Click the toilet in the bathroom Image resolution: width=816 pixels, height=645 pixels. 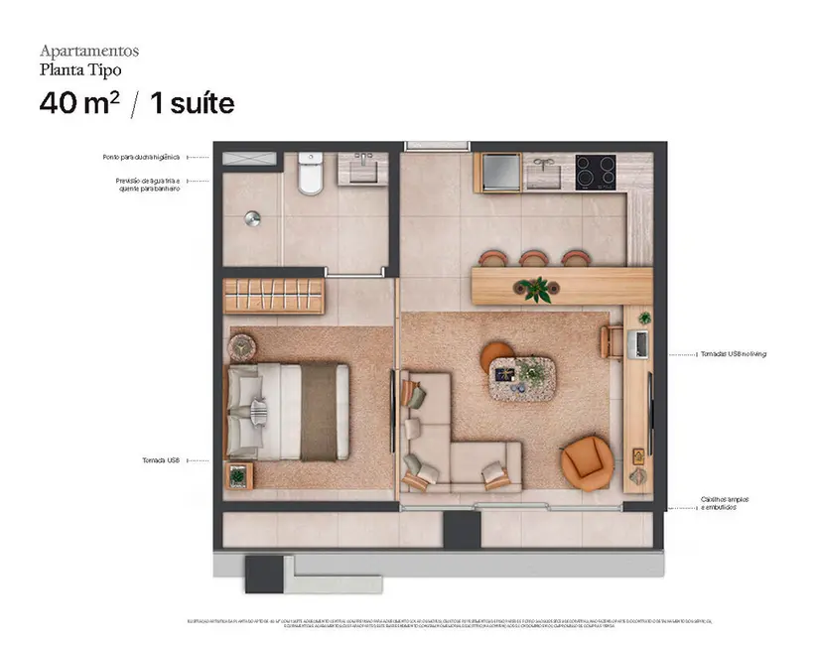(x=310, y=175)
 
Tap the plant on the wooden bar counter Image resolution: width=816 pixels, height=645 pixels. (x=537, y=289)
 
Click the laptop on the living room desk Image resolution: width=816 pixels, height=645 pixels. (x=640, y=343)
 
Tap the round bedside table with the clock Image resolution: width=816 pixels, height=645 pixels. (x=243, y=346)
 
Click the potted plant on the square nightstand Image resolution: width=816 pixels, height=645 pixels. (x=238, y=476)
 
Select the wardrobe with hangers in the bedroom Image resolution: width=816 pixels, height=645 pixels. (x=274, y=296)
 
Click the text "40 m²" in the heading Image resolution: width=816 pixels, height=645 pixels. (x=79, y=103)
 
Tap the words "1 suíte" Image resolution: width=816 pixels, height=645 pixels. (x=192, y=103)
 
